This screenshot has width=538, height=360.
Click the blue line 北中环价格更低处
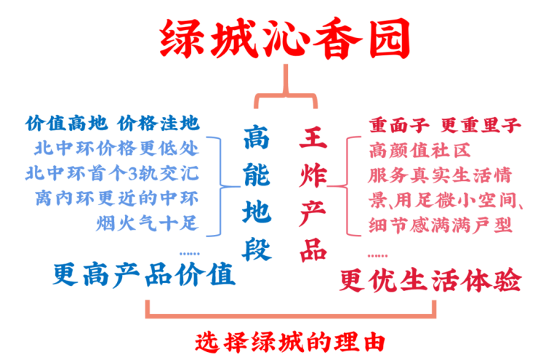point(116,149)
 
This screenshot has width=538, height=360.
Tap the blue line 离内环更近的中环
point(116,198)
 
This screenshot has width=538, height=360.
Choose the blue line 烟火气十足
point(146,223)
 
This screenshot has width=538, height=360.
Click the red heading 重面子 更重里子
point(444,125)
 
